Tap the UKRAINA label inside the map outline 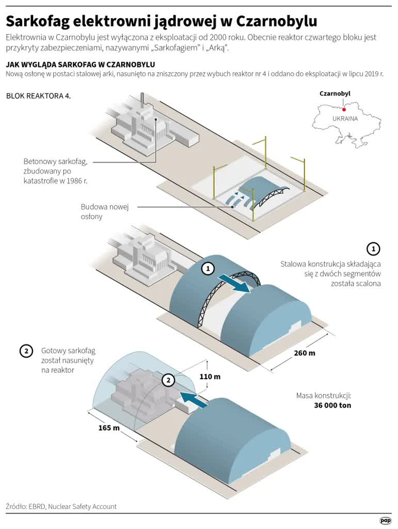[x=345, y=118]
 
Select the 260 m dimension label [x=304, y=354]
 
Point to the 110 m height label [x=210, y=377]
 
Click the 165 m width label [x=109, y=428]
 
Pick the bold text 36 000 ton [x=332, y=406]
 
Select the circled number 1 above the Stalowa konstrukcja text [x=373, y=248]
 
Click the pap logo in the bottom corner [x=385, y=521]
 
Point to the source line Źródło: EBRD [x=61, y=506]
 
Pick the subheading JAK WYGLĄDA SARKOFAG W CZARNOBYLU [x=80, y=64]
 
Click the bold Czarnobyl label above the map [x=335, y=94]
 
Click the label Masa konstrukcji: [x=324, y=396]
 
